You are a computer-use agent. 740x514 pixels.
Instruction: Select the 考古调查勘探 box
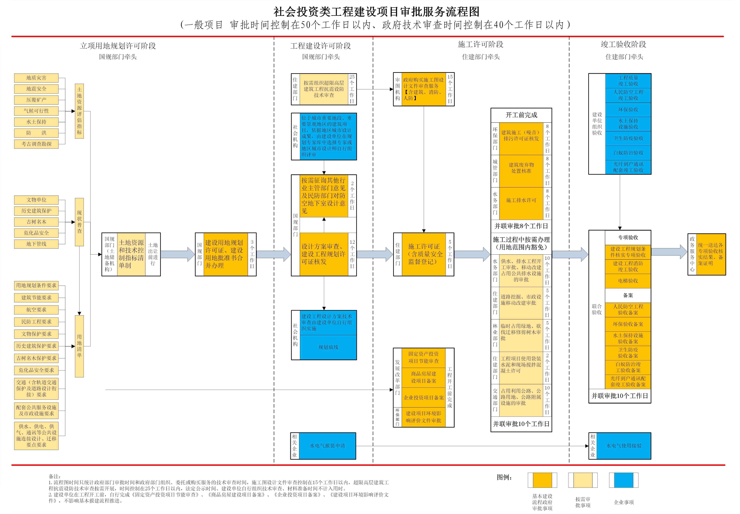click(36, 144)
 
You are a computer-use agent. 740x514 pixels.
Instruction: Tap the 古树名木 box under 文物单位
click(36, 222)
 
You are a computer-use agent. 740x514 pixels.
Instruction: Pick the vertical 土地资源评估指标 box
click(79, 111)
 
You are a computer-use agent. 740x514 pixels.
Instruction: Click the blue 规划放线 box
click(328, 347)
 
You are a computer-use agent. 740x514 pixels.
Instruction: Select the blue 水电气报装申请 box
click(327, 446)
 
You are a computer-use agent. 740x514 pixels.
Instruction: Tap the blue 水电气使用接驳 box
click(624, 446)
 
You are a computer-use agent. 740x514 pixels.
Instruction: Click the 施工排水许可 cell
click(521, 200)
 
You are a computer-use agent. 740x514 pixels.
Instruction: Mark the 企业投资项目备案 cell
click(424, 398)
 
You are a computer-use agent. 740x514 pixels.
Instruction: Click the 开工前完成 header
click(521, 115)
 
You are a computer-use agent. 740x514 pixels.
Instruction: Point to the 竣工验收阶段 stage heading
click(624, 44)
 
